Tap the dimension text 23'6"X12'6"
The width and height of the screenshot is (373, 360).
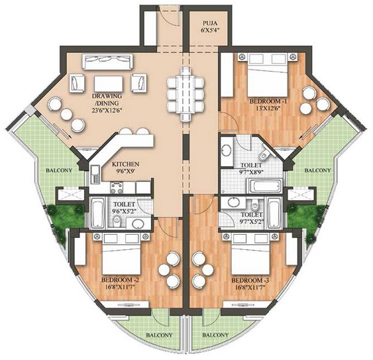click(107, 110)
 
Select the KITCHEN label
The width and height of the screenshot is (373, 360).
click(125, 164)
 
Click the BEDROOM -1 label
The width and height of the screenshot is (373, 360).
click(268, 101)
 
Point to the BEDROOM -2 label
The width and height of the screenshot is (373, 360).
click(120, 280)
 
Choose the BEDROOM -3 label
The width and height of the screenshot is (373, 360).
click(250, 280)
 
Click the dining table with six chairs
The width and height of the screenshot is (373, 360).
click(186, 94)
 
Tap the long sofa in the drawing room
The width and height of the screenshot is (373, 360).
click(107, 62)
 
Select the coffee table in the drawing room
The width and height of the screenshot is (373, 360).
click(109, 84)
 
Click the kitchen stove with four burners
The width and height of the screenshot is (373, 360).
click(117, 188)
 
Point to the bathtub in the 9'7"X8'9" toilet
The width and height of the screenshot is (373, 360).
click(265, 186)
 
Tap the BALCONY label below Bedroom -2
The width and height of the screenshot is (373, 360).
click(159, 335)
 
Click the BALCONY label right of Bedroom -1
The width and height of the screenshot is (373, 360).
click(317, 170)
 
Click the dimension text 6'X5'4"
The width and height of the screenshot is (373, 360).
click(210, 30)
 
